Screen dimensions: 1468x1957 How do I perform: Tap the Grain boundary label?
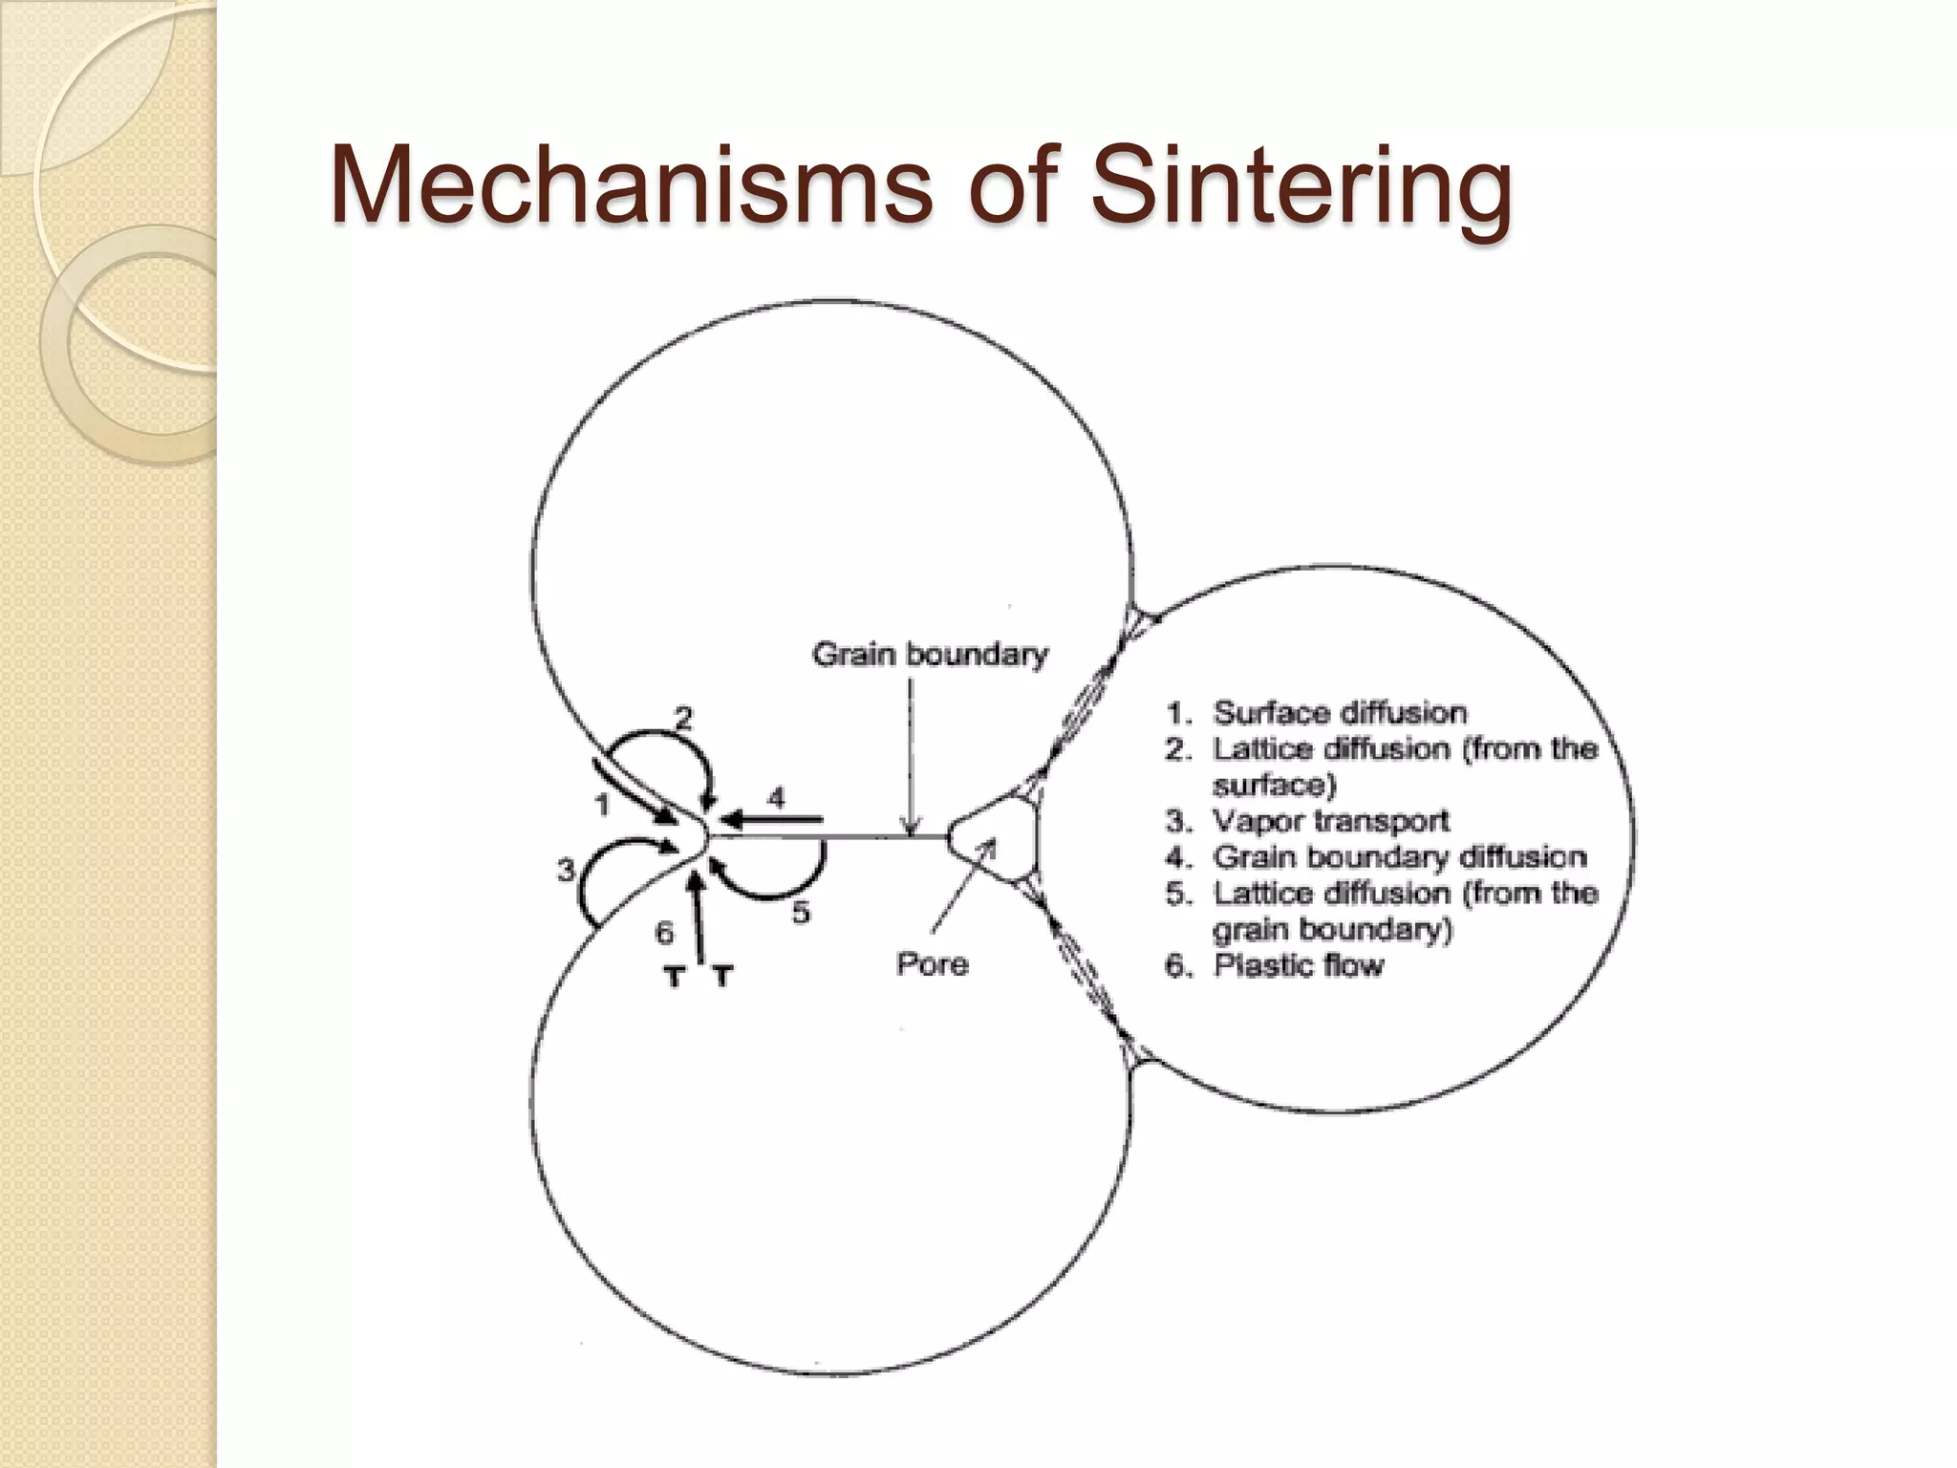(x=930, y=655)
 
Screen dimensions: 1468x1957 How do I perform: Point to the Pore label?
(x=932, y=964)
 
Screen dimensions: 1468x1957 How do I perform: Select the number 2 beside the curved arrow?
(x=683, y=718)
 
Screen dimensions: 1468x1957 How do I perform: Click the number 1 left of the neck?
(x=602, y=806)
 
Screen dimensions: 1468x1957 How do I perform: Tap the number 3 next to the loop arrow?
(x=567, y=871)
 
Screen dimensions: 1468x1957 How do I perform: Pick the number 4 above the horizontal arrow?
(x=777, y=798)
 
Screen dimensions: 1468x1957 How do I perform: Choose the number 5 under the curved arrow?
(x=801, y=913)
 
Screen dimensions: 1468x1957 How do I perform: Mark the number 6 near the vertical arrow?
(x=664, y=932)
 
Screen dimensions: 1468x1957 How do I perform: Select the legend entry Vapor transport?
(x=1330, y=821)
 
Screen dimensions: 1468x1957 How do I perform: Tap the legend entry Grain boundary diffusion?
(x=1399, y=857)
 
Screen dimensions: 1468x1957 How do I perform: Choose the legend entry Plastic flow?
(x=1298, y=966)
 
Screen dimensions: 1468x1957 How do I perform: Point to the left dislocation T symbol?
(x=675, y=977)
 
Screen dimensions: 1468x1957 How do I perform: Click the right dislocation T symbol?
(x=723, y=977)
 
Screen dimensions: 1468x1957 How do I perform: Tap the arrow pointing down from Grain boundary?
(x=911, y=755)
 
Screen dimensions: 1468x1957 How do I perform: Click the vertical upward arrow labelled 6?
(x=699, y=917)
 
